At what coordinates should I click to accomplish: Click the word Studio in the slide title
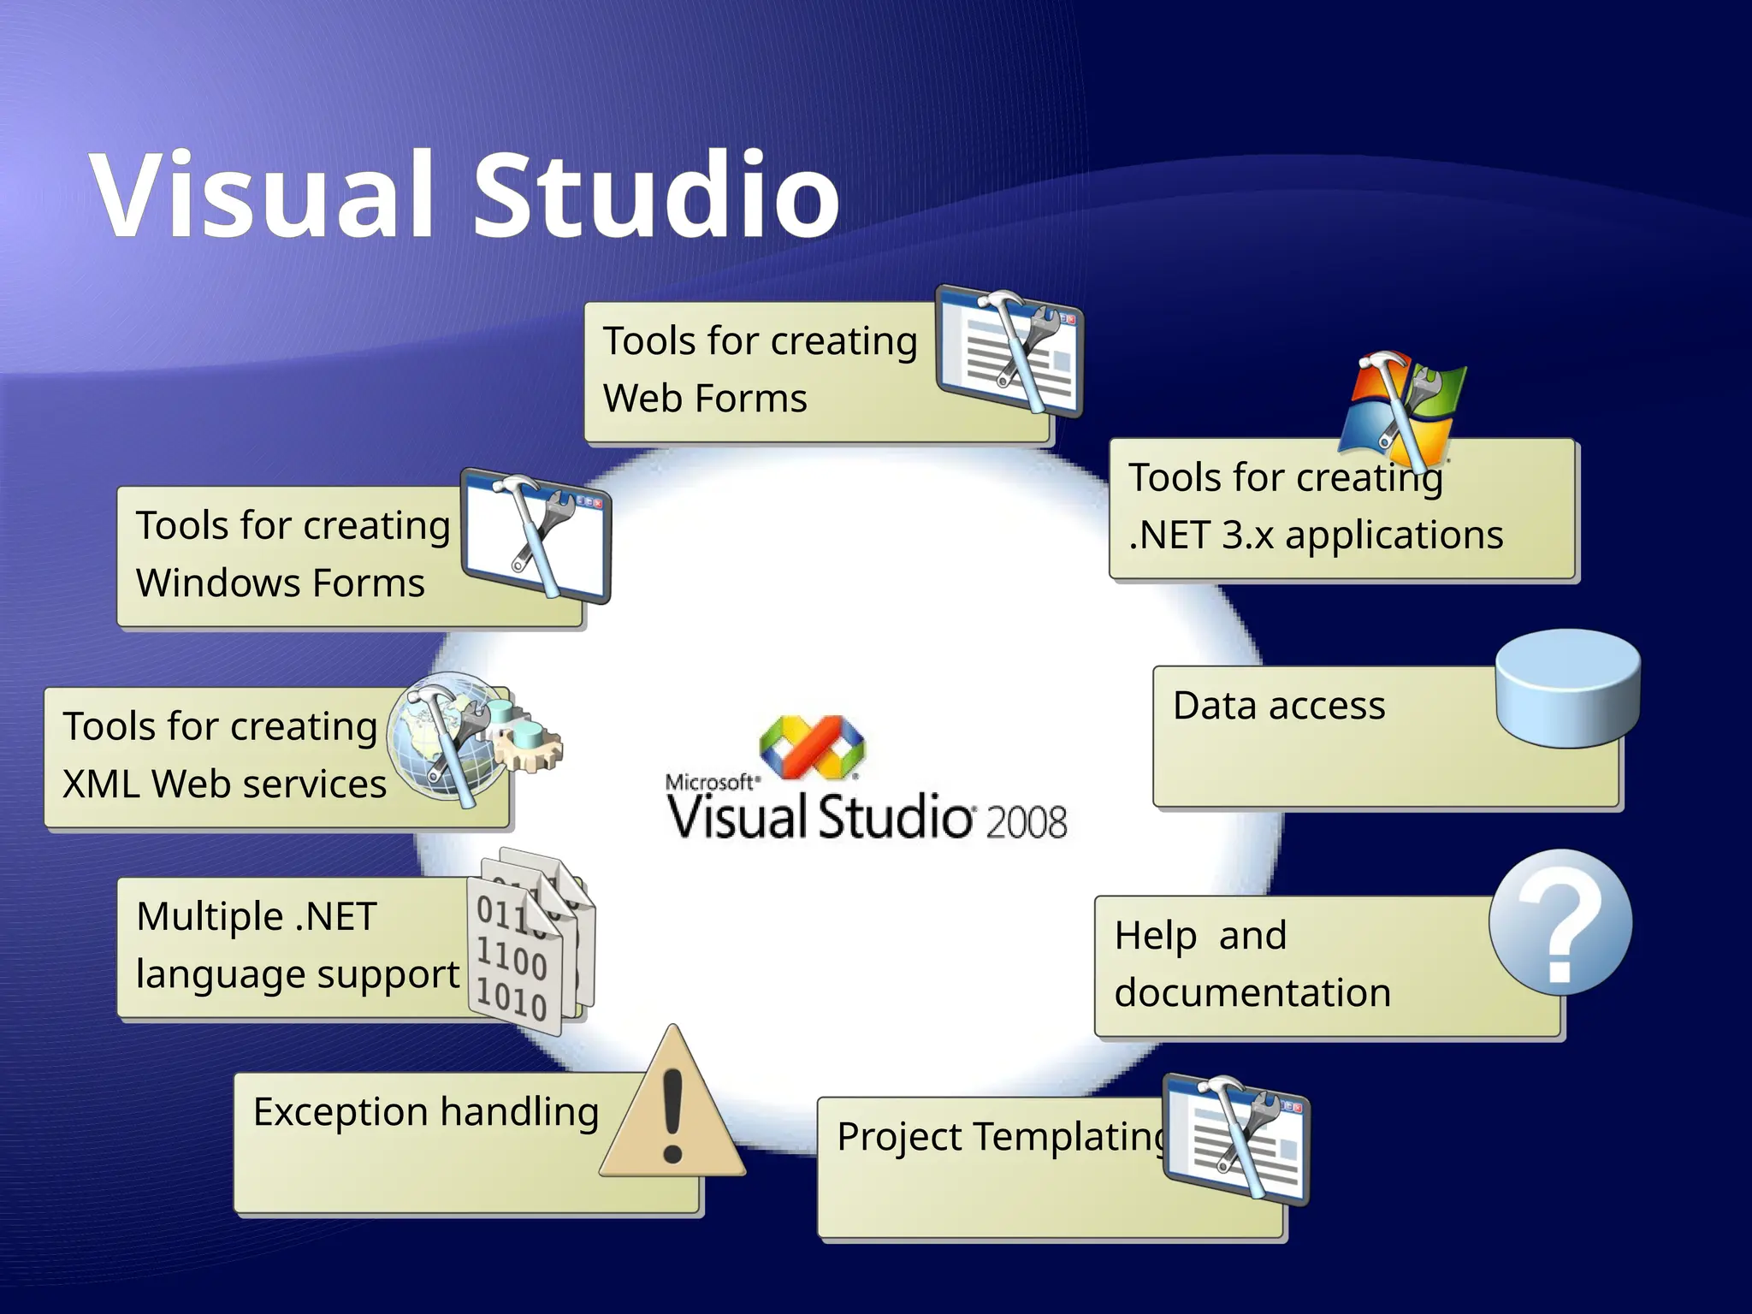coord(657,195)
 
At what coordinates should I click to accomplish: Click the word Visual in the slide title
coord(261,195)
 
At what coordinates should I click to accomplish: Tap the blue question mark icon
coord(1560,922)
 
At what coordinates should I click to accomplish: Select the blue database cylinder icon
coord(1567,690)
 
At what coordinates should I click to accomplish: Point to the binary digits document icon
coord(529,945)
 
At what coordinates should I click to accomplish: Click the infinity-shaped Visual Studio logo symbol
coord(812,747)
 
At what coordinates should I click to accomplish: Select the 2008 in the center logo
coord(1026,822)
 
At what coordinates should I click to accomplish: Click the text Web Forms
coord(705,399)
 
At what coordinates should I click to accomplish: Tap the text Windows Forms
coord(280,583)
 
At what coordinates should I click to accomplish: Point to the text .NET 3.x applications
coord(1315,536)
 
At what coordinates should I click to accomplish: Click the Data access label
coord(1278,707)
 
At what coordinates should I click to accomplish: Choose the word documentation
coord(1252,993)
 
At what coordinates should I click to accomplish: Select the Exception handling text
coord(426,1113)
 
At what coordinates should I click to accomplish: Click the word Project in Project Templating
coord(899,1138)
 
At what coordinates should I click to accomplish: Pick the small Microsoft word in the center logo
coord(709,781)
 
